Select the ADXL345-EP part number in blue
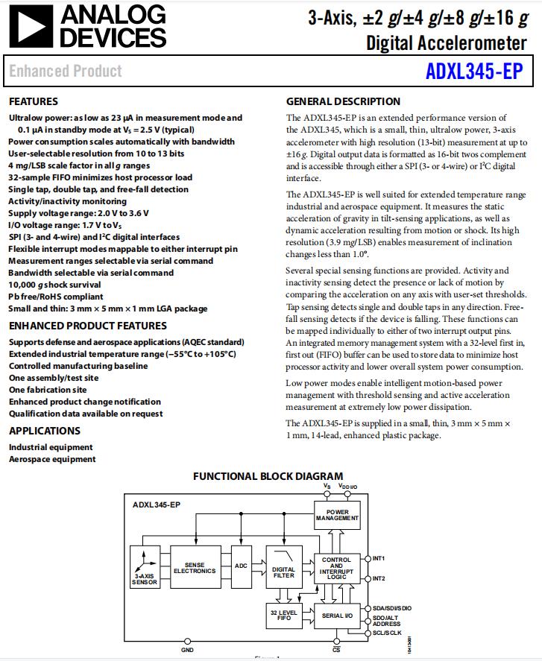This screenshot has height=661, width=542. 474,71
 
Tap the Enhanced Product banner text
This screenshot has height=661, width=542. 66,72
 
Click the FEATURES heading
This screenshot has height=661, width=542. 33,101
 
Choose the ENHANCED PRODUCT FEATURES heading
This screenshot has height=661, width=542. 87,326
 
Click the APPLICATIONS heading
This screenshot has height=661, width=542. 44,431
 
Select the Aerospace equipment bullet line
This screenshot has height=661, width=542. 52,460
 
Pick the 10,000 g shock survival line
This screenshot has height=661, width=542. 54,285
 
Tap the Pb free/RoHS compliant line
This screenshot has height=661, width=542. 56,297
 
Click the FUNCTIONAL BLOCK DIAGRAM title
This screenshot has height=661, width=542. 268,476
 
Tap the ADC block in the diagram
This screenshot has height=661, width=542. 241,566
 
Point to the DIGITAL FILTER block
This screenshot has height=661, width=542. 283,572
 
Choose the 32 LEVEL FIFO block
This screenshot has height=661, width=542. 283,616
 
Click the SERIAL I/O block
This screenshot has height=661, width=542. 337,616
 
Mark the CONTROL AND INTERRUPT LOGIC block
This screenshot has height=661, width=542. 337,569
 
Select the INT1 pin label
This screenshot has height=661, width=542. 379,558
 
